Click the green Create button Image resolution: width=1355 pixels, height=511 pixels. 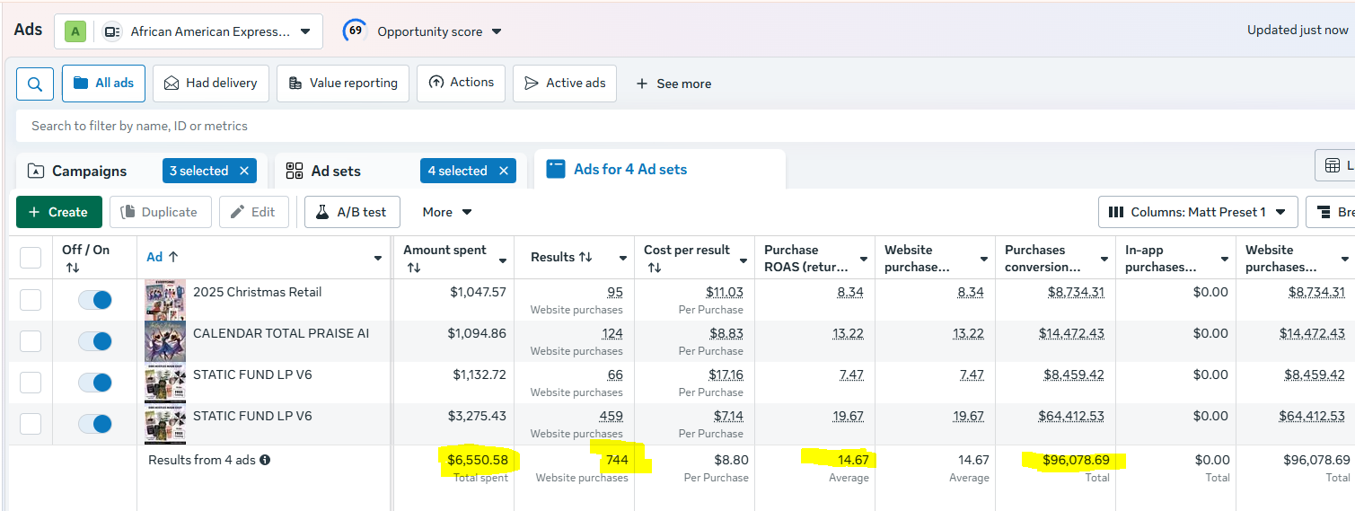click(x=59, y=212)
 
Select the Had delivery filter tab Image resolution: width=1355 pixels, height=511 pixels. click(x=211, y=83)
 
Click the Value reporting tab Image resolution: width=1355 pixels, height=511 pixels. click(x=343, y=83)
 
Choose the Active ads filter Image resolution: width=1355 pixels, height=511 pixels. click(x=565, y=83)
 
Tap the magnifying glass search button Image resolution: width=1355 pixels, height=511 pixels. click(x=35, y=84)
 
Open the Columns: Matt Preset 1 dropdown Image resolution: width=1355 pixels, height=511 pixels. click(x=1198, y=212)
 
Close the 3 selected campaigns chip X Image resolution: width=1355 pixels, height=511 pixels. click(x=244, y=171)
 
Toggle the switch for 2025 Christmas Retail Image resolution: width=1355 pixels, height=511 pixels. click(x=94, y=300)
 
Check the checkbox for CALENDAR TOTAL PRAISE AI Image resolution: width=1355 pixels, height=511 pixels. click(x=31, y=341)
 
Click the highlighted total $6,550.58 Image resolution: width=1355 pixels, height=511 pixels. click(x=478, y=460)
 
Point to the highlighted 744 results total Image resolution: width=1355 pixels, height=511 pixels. click(x=617, y=460)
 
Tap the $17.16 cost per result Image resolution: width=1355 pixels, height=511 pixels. click(x=725, y=374)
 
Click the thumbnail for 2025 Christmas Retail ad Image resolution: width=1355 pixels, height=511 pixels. click(x=164, y=300)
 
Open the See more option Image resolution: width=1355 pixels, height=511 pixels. click(x=673, y=84)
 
